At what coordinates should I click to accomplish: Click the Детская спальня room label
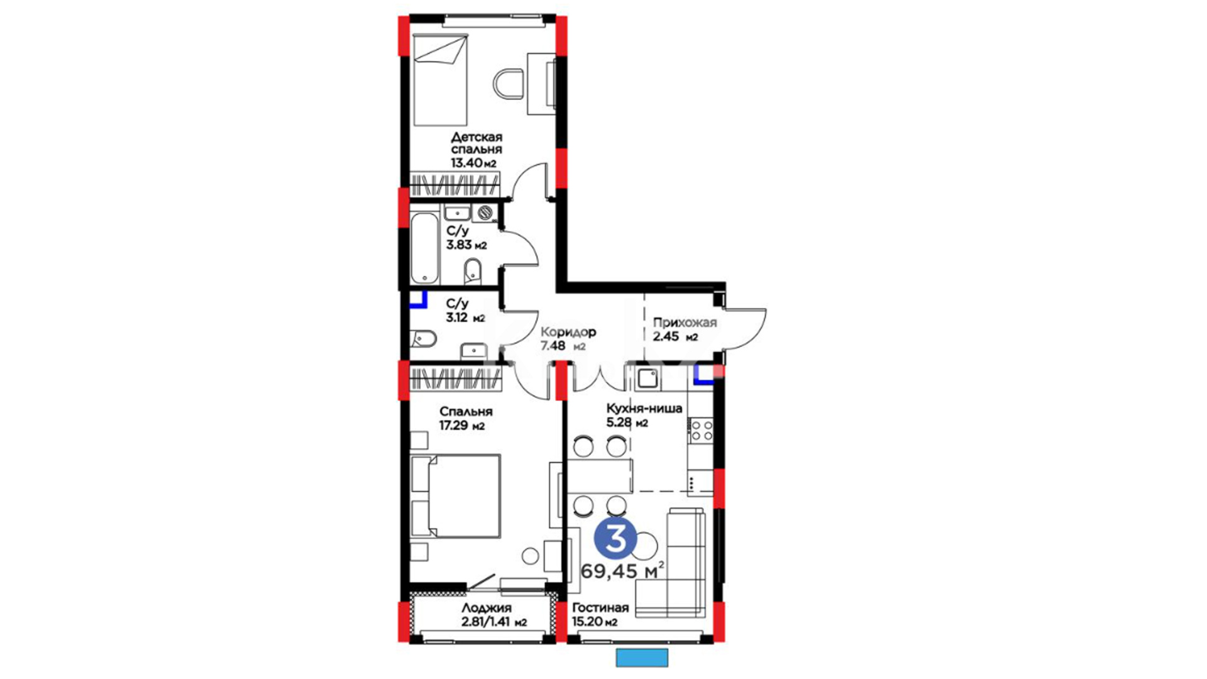tap(477, 143)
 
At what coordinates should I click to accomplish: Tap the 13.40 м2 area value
tap(473, 163)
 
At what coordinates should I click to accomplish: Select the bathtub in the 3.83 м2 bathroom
tap(425, 248)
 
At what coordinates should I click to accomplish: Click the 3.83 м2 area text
tap(466, 245)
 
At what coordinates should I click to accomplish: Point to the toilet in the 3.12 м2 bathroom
tap(424, 339)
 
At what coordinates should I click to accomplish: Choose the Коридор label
tap(568, 332)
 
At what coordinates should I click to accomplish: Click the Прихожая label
tap(685, 323)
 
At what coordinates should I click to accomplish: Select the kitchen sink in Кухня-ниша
tap(647, 378)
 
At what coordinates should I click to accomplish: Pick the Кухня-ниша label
tap(644, 408)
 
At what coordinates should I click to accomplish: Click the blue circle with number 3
tap(615, 539)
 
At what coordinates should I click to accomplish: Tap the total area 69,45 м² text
tap(622, 571)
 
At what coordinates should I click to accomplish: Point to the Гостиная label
tap(600, 608)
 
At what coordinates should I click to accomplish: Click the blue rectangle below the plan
tap(642, 657)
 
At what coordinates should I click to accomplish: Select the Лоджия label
tap(487, 608)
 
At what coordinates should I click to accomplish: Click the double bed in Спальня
tap(456, 496)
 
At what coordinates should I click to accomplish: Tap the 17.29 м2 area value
tap(461, 426)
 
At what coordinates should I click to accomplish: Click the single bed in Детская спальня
tap(441, 80)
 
